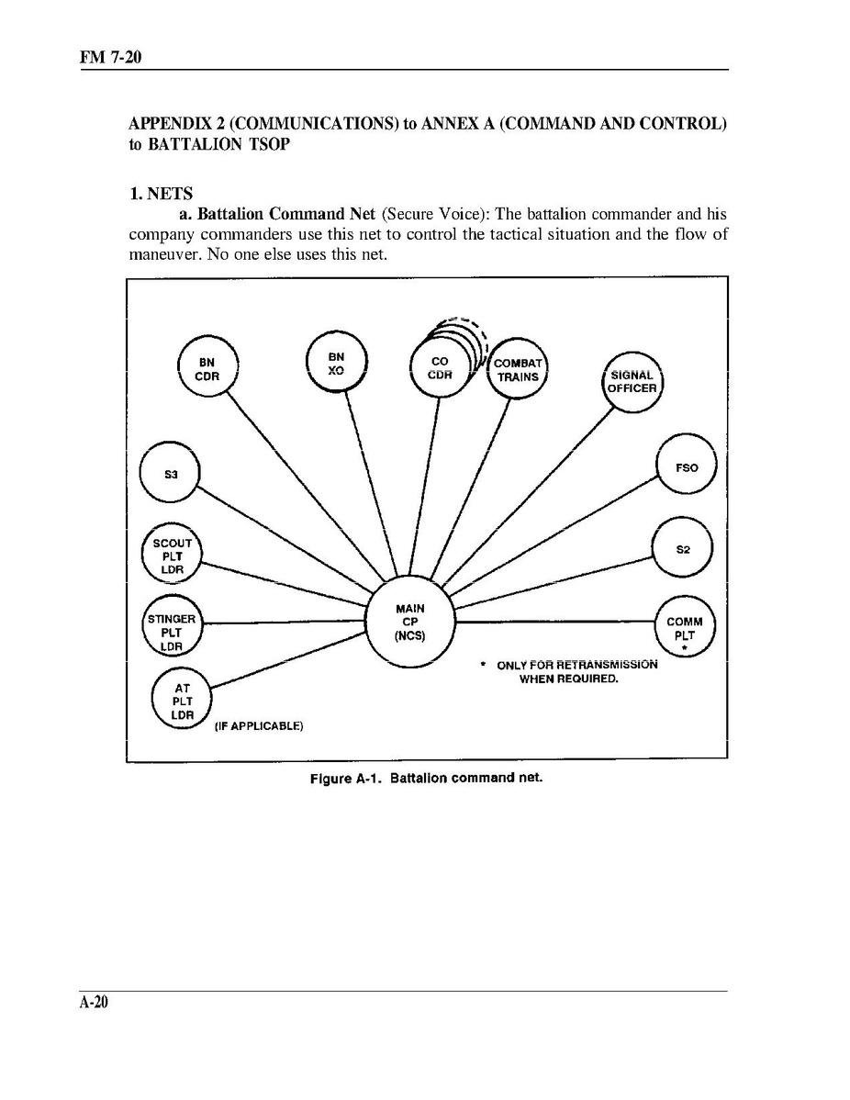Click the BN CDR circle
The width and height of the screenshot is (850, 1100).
tap(207, 369)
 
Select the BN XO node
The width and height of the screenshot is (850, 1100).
tap(337, 363)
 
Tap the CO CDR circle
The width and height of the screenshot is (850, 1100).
tap(440, 368)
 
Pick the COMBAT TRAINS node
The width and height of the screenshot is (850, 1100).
tap(518, 369)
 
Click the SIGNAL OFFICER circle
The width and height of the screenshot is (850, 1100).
tap(632, 381)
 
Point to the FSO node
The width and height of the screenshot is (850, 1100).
tap(686, 467)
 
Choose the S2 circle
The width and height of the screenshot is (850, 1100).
tap(682, 549)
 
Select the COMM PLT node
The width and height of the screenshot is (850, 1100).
tap(684, 629)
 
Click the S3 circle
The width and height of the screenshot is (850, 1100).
tap(170, 475)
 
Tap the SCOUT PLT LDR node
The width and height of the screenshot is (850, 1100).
tap(173, 556)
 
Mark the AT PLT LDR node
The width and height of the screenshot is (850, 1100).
tap(182, 701)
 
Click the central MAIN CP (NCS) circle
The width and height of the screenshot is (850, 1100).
tap(409, 622)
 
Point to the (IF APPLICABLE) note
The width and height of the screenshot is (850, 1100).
tap(258, 726)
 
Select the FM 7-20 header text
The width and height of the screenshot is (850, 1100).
tap(109, 58)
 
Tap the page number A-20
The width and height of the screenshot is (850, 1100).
tap(94, 1003)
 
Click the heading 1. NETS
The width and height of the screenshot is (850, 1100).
tap(161, 194)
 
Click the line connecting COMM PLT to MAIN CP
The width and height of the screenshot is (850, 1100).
tap(554, 622)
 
